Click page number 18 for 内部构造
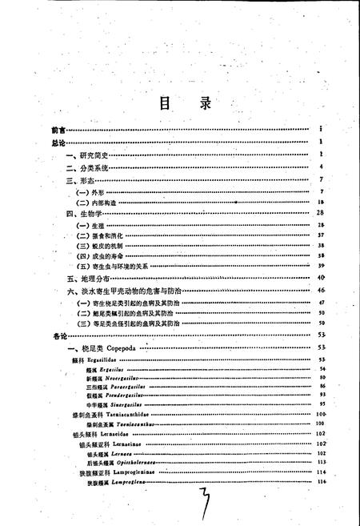click(319, 204)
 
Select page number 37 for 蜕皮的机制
click(319, 246)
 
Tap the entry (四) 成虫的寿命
click(102, 255)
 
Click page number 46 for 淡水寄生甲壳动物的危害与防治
click(319, 290)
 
